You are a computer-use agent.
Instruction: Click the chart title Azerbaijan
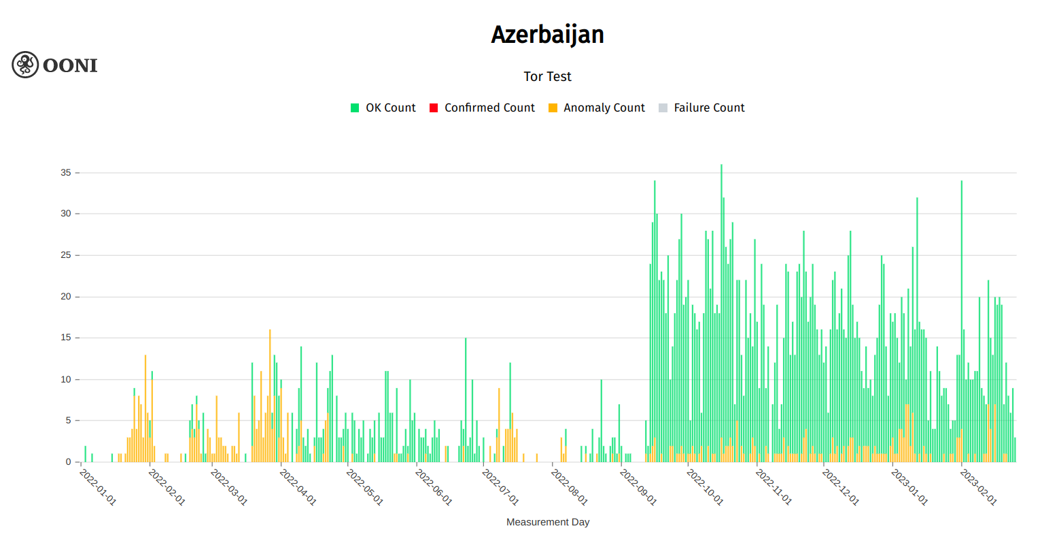click(547, 35)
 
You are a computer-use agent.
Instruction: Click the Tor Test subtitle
click(547, 76)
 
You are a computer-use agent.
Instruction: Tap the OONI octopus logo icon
click(25, 65)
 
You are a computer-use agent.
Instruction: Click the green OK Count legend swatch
click(355, 108)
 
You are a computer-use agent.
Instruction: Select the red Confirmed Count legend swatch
click(434, 108)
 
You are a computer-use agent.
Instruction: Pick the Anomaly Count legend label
click(604, 108)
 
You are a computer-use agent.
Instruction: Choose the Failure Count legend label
click(709, 108)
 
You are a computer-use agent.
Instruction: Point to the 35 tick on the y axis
click(66, 173)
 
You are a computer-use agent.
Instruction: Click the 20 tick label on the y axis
click(66, 297)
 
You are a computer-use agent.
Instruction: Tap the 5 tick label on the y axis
click(69, 421)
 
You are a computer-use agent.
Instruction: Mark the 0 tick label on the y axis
click(69, 462)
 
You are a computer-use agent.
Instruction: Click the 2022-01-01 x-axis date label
click(98, 487)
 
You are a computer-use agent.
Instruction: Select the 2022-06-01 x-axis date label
click(433, 487)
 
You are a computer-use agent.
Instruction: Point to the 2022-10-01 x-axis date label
click(705, 487)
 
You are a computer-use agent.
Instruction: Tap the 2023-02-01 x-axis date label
click(978, 487)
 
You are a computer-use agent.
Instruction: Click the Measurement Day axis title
click(547, 522)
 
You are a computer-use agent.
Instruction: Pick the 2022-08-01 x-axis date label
click(569, 487)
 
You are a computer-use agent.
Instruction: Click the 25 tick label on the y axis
click(66, 255)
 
